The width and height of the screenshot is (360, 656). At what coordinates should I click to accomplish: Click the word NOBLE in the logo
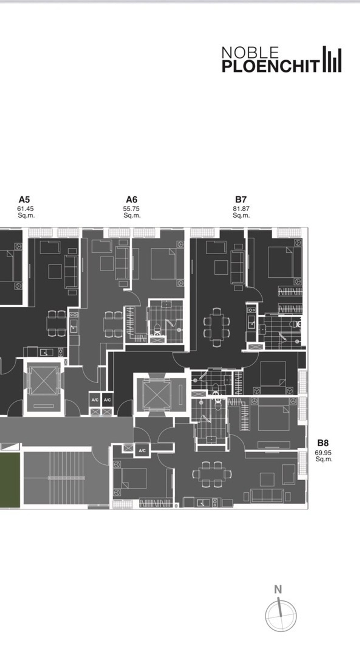point(250,53)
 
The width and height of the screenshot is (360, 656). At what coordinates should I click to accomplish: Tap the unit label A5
point(24,200)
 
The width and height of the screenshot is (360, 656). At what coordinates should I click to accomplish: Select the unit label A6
point(132,200)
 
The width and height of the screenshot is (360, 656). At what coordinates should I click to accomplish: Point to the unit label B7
point(241,200)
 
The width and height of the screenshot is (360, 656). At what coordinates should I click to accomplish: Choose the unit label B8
point(323,443)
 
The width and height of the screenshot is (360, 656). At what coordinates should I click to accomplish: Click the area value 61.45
point(25,209)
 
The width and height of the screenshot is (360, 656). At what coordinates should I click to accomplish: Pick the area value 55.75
point(131,209)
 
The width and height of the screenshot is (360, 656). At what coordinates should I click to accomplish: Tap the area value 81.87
point(241,209)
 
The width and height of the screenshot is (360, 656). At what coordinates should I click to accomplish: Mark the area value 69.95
point(323,453)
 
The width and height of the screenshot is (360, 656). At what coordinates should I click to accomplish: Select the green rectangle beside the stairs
point(10,480)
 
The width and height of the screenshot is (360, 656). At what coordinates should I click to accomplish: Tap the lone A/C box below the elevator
point(142,451)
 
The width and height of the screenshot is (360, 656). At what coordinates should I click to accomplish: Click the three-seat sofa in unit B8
point(267,495)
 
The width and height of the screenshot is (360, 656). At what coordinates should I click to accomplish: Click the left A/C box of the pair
point(95,400)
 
